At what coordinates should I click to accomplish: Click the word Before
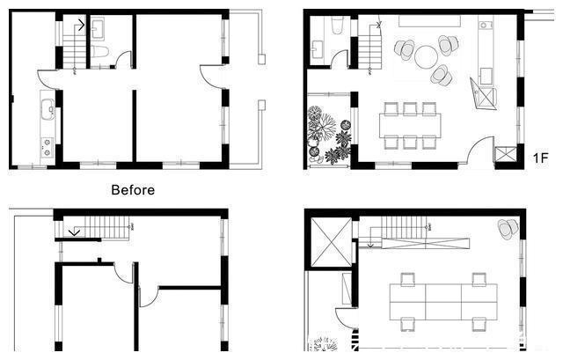coord(133,190)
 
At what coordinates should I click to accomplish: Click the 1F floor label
coord(540,158)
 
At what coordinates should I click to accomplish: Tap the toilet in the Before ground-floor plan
coord(99,53)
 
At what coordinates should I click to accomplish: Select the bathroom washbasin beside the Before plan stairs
coord(98,29)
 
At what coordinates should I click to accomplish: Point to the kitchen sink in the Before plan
coord(48,109)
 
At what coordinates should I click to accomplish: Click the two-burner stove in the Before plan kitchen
coord(47,147)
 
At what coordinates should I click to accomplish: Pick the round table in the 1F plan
coord(426,56)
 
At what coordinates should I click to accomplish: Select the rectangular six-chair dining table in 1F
coord(410,125)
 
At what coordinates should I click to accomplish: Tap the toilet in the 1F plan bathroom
coord(337,26)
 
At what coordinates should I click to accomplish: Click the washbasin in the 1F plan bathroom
coord(318,49)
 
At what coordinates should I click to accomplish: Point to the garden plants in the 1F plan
coord(328,136)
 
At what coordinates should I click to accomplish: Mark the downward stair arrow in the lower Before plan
coord(74,231)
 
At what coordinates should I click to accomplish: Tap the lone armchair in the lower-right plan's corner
coord(508,229)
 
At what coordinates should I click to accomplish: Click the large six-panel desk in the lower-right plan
coord(443,302)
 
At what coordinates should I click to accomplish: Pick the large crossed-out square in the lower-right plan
coord(332,242)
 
